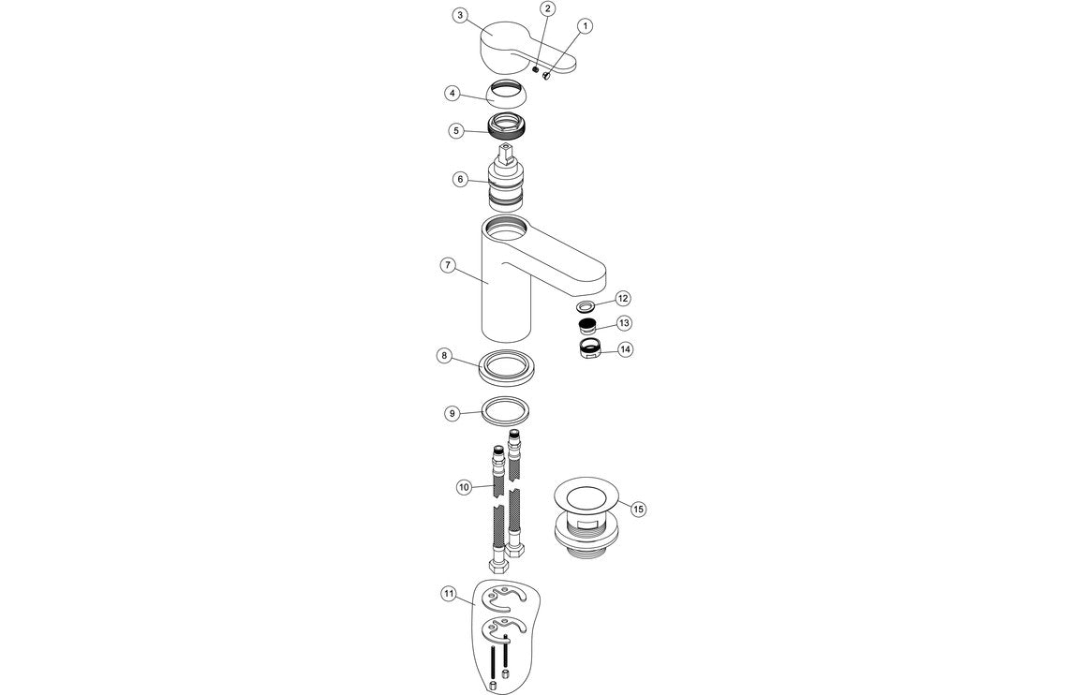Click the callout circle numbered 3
459,15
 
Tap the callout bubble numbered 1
585,26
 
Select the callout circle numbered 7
448,265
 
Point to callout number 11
449,593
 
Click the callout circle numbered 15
638,509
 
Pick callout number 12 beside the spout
623,298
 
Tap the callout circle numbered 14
625,349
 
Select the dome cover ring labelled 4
507,96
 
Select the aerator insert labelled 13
587,326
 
